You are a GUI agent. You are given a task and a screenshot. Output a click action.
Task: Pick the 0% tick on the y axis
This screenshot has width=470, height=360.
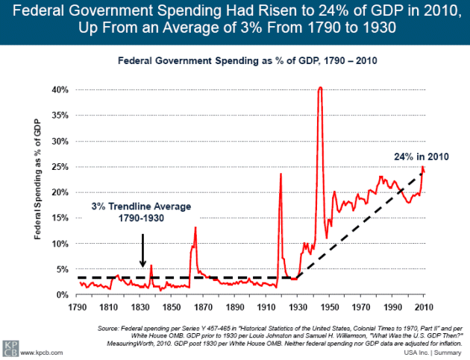tap(62, 294)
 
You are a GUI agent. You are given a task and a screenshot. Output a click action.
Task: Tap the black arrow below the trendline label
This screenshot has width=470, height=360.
tap(142, 249)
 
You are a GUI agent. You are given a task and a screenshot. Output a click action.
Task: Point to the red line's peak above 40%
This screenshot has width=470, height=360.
tap(320, 87)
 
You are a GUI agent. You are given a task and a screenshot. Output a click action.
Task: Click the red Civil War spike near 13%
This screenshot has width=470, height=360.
tap(195, 227)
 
